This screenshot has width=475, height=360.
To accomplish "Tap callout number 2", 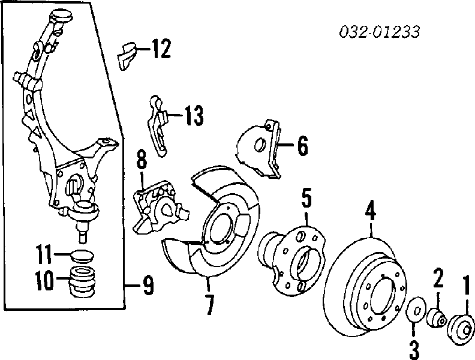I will point(438,278).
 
